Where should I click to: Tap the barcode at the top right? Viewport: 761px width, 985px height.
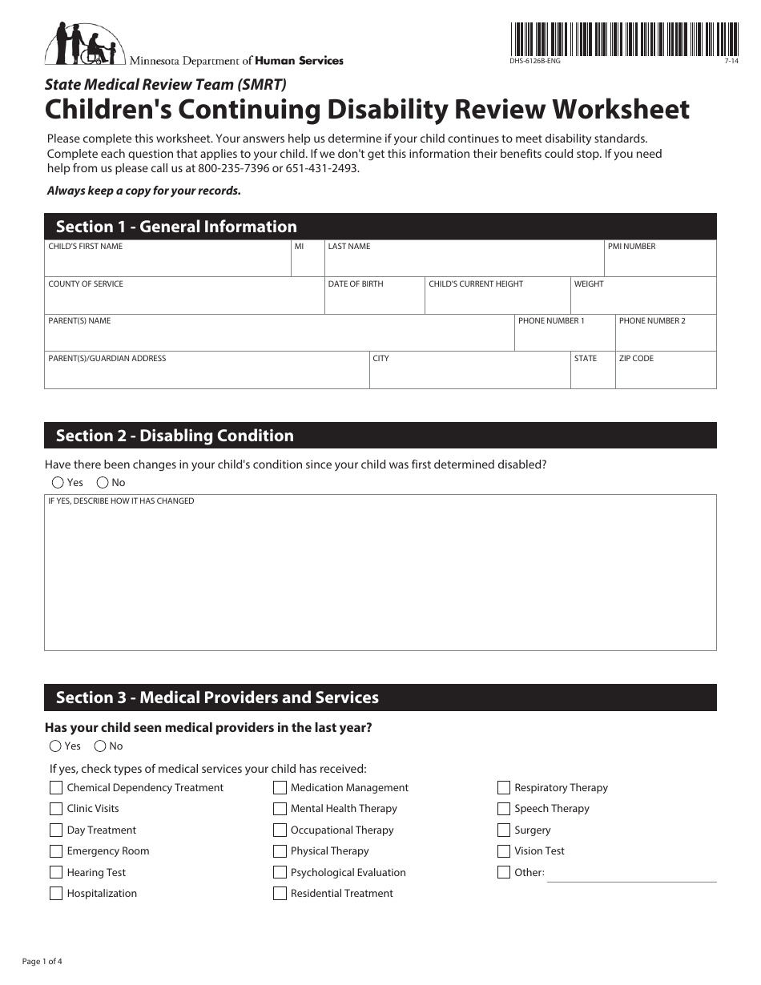click(x=623, y=38)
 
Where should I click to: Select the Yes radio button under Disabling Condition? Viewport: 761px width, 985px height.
click(x=58, y=482)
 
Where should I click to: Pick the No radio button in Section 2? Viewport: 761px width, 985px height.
click(x=103, y=482)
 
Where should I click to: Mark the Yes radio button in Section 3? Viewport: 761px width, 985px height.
click(x=55, y=746)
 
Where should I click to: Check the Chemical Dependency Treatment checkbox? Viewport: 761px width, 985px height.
click(x=56, y=788)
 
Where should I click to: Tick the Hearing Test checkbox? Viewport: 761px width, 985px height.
click(x=56, y=873)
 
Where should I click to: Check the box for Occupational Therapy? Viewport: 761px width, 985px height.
click(x=280, y=830)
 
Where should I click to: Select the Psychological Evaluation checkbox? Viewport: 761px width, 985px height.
click(x=280, y=873)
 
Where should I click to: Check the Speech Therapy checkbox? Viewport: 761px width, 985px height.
click(x=504, y=809)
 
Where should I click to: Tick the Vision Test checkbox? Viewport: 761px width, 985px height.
click(x=504, y=851)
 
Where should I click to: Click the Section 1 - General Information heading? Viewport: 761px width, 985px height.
click(x=176, y=227)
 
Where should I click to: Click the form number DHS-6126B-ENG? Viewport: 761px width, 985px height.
click(x=534, y=62)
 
